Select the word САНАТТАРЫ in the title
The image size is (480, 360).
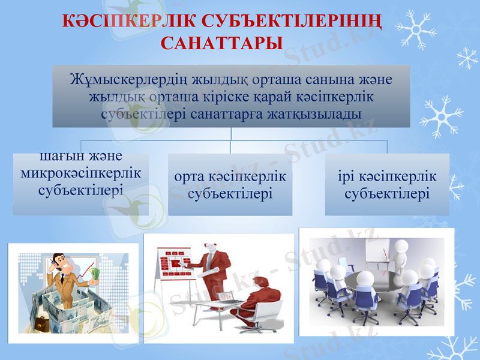222,43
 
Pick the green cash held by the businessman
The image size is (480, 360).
95,274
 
